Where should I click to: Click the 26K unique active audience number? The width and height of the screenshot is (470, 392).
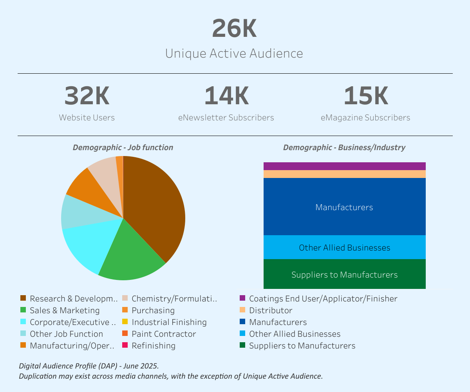coord(234,29)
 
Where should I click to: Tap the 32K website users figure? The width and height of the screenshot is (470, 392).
coord(87,96)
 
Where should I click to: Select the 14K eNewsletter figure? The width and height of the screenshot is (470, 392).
coord(226,96)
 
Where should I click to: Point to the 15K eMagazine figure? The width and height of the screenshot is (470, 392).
coord(365,96)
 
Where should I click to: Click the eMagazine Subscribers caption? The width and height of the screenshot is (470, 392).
coord(365,118)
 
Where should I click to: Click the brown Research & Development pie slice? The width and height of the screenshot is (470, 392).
coord(157,208)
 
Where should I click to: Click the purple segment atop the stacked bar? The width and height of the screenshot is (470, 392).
coord(344,166)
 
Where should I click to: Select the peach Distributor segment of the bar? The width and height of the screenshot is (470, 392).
coord(344,174)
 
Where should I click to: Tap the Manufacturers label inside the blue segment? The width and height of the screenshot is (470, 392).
coord(344,207)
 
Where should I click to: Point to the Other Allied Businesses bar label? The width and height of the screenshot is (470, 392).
coord(344,248)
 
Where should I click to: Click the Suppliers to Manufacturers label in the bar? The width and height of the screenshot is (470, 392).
coord(344,274)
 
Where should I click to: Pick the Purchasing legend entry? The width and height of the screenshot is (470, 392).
coord(153,310)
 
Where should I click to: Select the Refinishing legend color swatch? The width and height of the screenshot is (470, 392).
coord(125,345)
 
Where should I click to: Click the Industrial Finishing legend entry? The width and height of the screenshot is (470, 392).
coord(169,322)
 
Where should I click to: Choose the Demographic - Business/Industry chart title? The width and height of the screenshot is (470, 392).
coord(344,147)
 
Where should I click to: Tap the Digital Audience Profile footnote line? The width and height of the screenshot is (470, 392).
coord(89,366)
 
